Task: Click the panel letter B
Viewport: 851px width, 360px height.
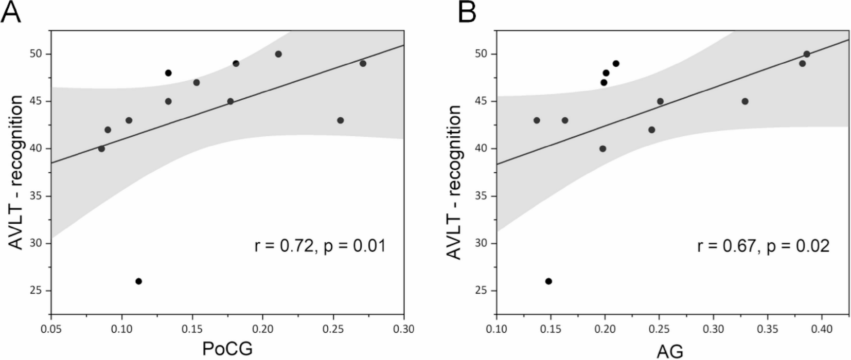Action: [x=467, y=12]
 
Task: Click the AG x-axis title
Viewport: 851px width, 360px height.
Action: [x=670, y=351]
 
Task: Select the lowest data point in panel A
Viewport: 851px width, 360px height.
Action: [x=138, y=281]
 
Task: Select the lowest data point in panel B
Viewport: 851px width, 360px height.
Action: [x=548, y=281]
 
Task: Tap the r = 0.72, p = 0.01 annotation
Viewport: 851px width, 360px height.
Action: [x=320, y=246]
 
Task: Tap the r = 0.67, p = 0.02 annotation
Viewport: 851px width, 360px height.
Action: [x=764, y=246]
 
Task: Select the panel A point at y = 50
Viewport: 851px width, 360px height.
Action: [x=278, y=54]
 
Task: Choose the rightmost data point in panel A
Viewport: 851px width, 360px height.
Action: [x=363, y=63]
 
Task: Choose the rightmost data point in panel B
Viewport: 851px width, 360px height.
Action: [x=807, y=54]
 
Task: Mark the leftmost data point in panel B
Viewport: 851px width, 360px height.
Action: [x=537, y=120]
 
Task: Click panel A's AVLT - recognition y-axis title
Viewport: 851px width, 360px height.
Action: [x=16, y=172]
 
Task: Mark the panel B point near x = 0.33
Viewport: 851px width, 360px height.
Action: [x=745, y=101]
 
